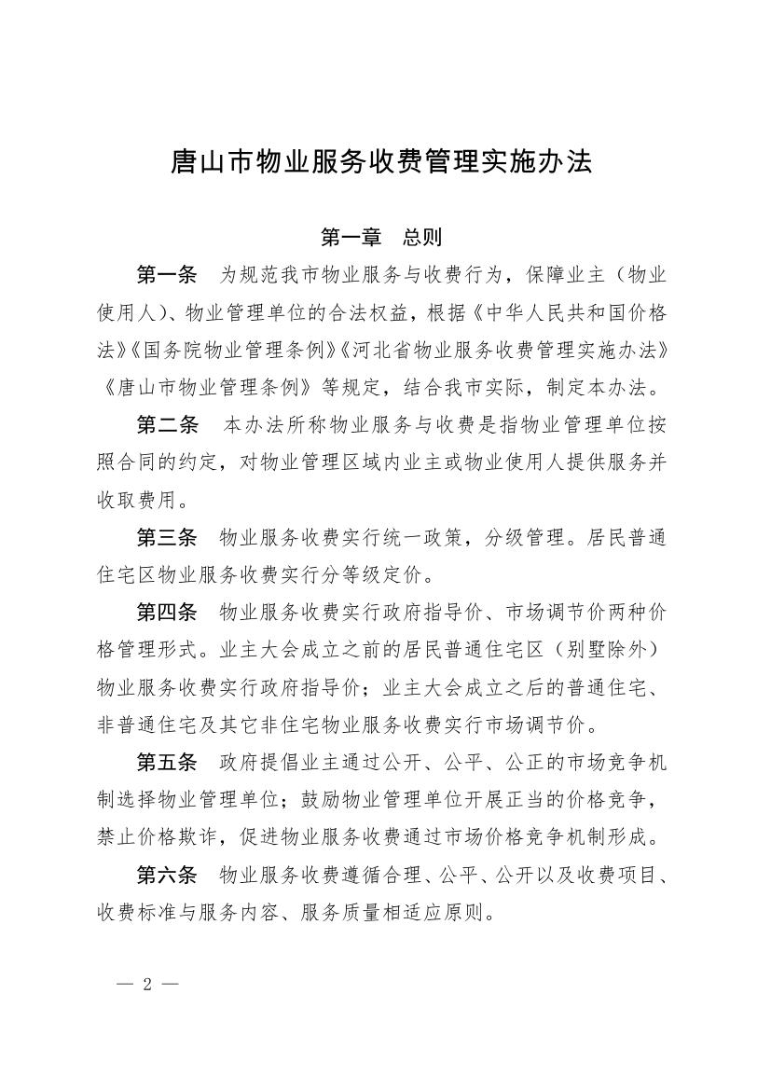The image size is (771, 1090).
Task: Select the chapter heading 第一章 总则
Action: coord(381,238)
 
